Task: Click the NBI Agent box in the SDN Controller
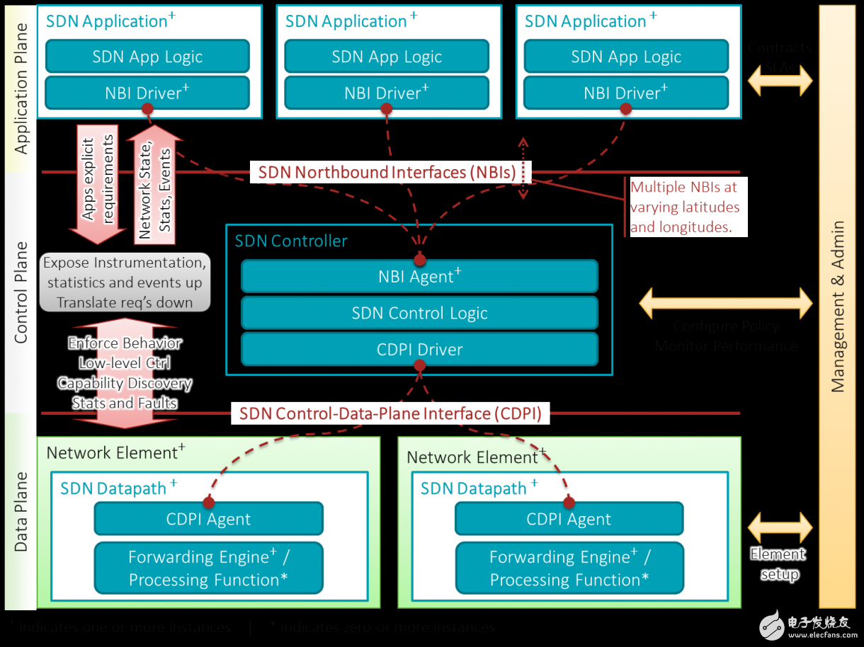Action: pos(419,277)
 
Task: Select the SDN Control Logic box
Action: pos(419,313)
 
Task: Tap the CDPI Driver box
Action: pos(419,350)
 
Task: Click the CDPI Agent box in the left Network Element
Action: pos(208,519)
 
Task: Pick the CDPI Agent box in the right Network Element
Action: pos(569,519)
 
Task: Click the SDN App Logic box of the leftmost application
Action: pos(147,57)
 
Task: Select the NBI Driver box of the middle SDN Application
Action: pos(387,93)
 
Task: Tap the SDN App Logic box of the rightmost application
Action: pos(626,57)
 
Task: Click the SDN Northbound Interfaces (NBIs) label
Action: pos(392,172)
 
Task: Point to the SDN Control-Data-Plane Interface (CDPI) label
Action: pos(390,413)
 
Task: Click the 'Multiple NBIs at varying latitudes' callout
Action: pos(684,207)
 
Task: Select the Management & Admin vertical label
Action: pos(838,307)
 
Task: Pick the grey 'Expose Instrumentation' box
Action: pos(125,282)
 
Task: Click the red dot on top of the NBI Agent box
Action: pos(419,260)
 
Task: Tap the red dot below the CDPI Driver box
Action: pos(419,366)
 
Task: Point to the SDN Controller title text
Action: pos(291,241)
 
